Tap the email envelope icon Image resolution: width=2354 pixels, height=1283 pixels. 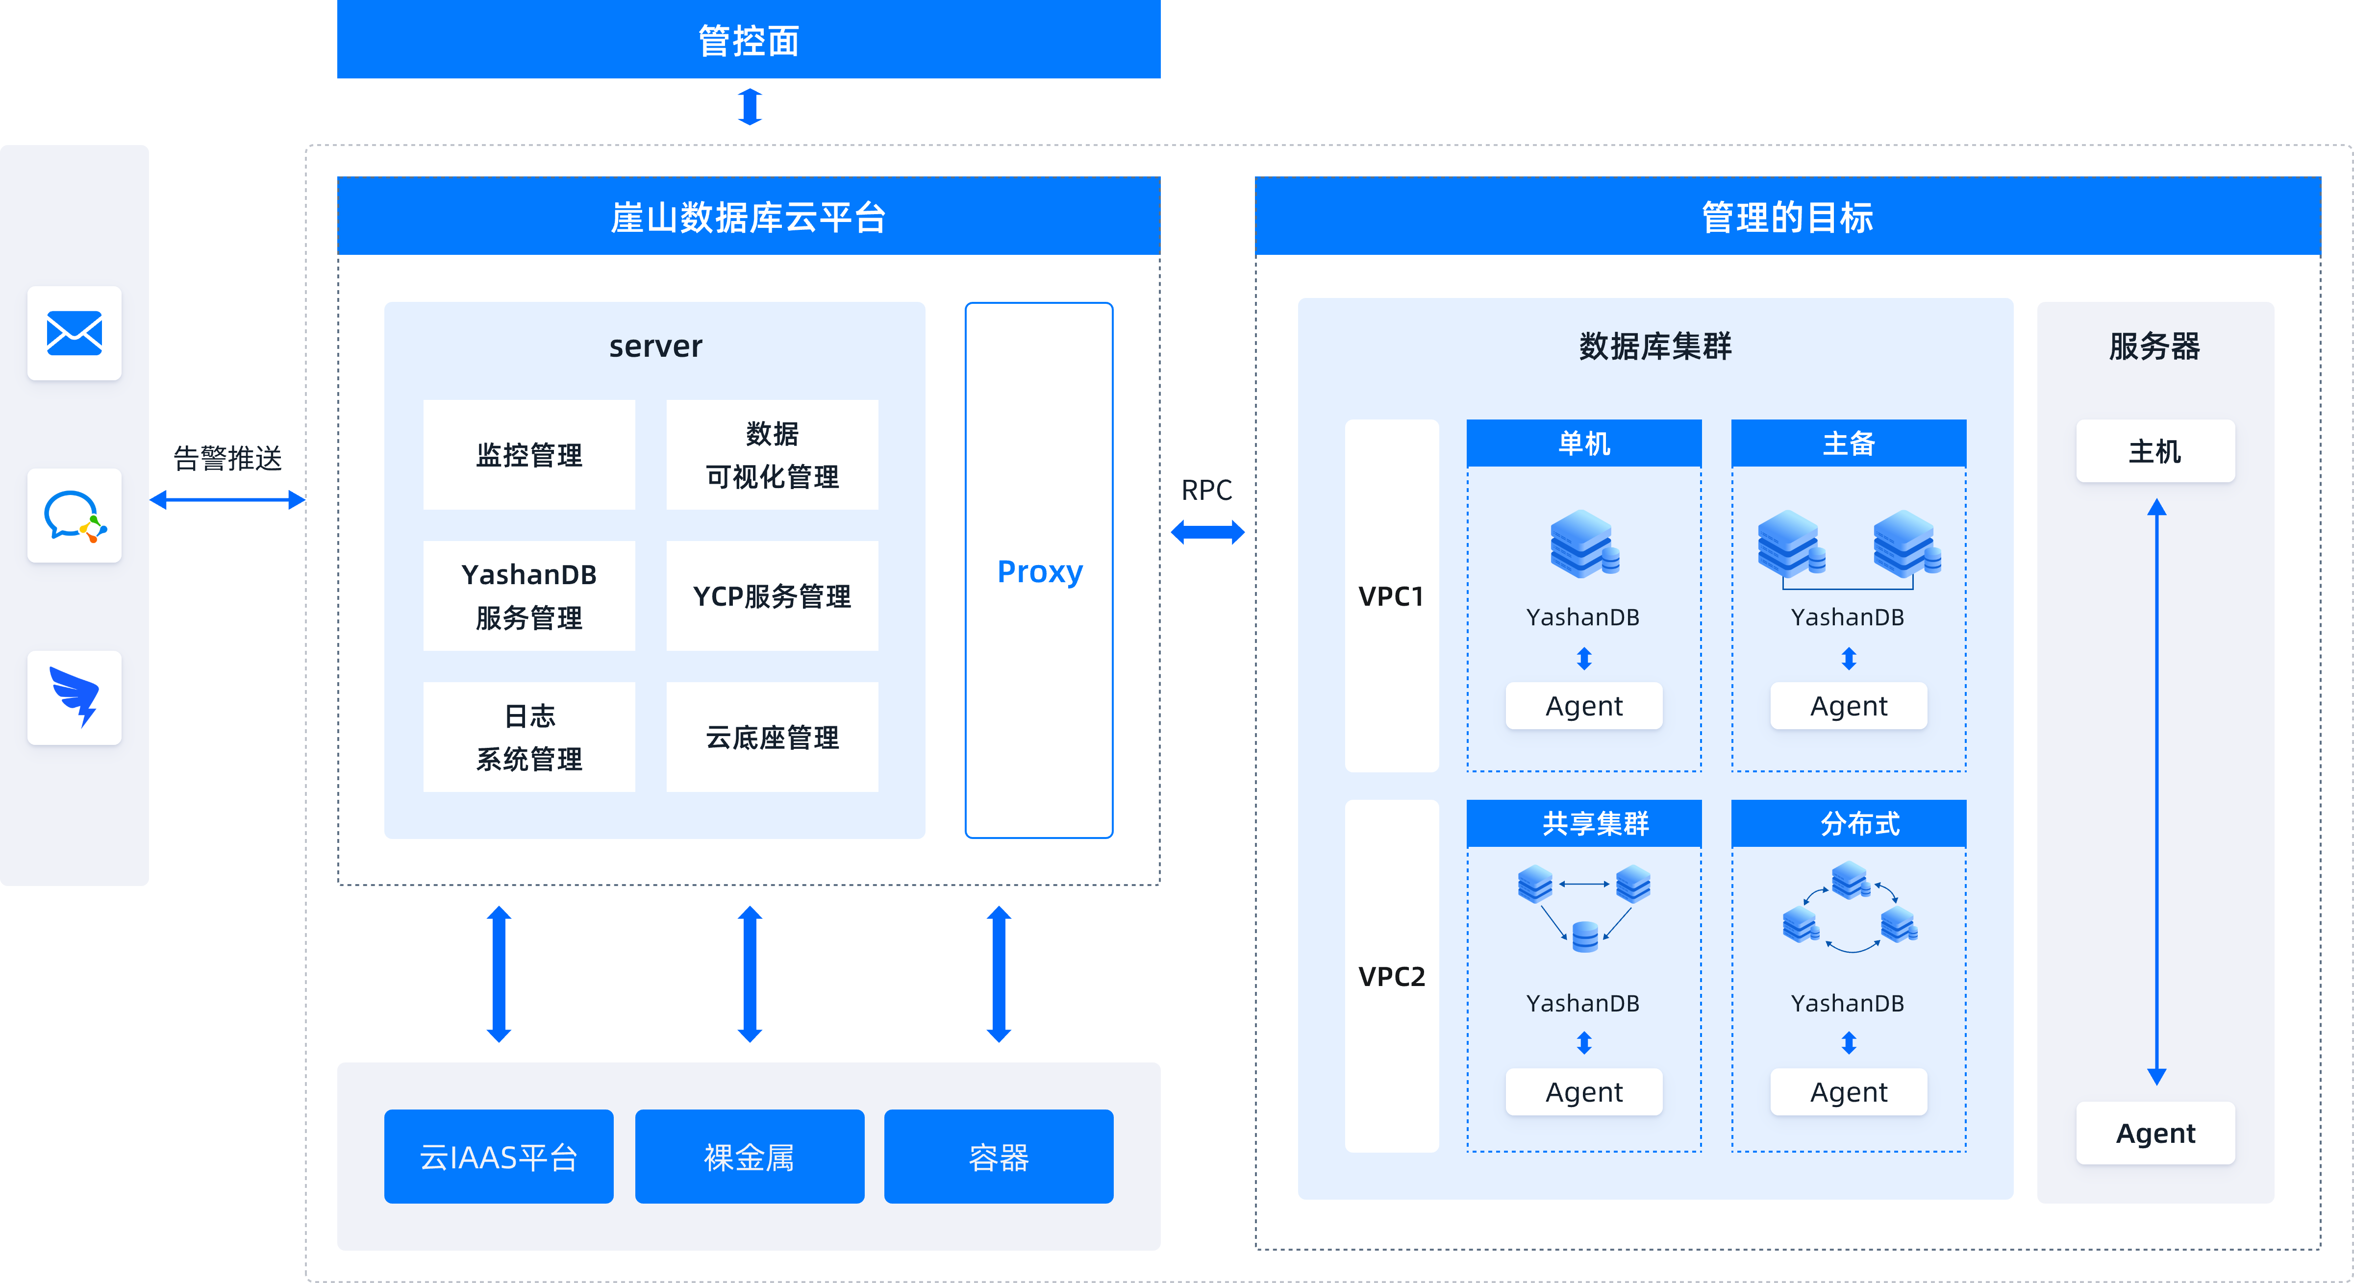[74, 333]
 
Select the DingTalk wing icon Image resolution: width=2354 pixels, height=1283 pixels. [74, 697]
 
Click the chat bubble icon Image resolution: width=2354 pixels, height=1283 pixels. [74, 516]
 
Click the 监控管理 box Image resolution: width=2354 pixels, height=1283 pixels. [529, 454]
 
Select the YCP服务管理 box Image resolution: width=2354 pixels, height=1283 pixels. [772, 596]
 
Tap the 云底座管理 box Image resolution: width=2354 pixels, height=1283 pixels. [772, 737]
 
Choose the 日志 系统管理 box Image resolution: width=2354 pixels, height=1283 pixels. [529, 737]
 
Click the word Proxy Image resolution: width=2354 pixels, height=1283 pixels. [1039, 571]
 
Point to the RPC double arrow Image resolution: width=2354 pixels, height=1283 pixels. [1207, 532]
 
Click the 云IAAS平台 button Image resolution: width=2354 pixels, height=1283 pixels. [498, 1157]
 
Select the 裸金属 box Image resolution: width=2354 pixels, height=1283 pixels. [750, 1157]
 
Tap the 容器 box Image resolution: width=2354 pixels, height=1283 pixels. [998, 1157]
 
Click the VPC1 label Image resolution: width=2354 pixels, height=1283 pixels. [1391, 596]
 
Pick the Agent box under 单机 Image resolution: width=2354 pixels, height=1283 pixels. [1584, 706]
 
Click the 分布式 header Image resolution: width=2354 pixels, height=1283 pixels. [1849, 823]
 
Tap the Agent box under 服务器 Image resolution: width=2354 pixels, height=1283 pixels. [2155, 1133]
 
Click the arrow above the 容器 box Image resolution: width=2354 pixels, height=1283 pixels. [999, 974]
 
